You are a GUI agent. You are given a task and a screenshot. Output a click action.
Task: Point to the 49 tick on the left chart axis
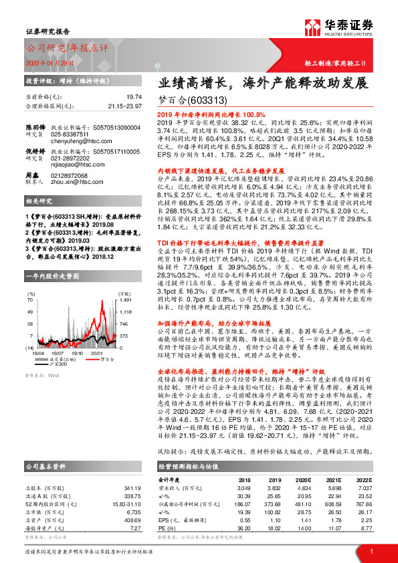(31, 312)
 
